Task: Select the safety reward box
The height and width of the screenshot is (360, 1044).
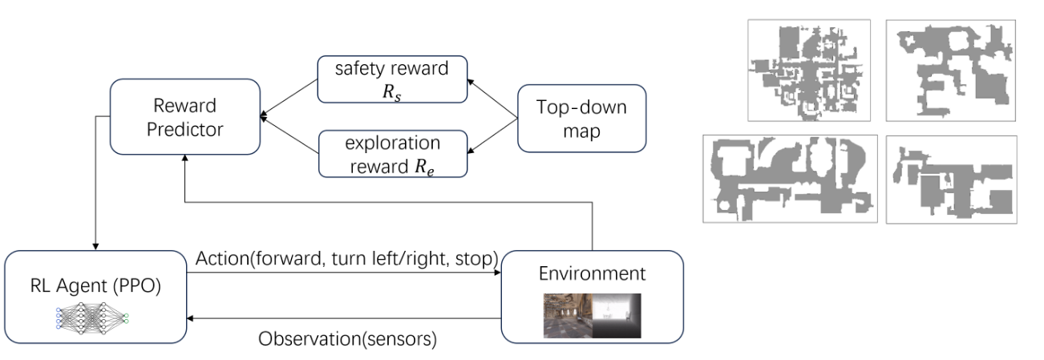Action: [x=391, y=79]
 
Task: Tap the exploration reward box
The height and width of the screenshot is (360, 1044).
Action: [x=391, y=154]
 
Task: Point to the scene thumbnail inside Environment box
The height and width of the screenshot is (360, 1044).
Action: [x=592, y=315]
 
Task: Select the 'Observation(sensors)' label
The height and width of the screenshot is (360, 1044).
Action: [x=347, y=338]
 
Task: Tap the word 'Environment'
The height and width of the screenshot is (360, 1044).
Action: [x=592, y=273]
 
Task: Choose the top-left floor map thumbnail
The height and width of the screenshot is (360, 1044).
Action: [x=808, y=71]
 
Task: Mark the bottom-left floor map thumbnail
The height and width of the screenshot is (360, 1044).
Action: [x=789, y=178]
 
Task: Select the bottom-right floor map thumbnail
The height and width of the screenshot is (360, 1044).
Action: [x=951, y=179]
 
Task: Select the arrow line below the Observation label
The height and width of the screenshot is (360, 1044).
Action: [x=345, y=318]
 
